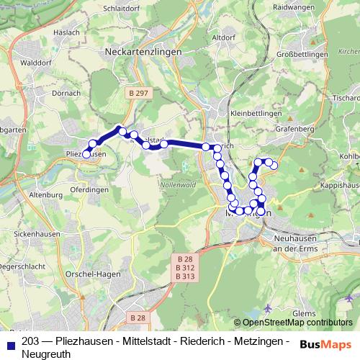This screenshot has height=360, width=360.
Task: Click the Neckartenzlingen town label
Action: (143, 53)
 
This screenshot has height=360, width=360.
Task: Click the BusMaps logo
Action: (325, 343)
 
